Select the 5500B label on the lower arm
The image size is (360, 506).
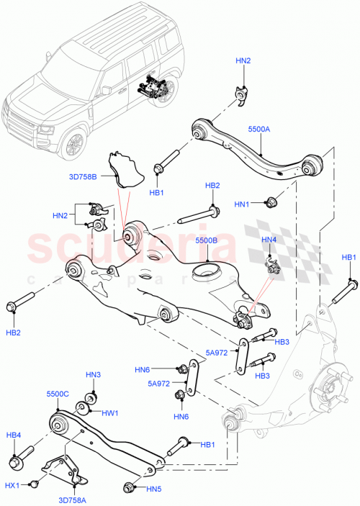point(206,243)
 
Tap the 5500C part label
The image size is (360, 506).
point(58,394)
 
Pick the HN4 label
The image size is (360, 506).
point(269,240)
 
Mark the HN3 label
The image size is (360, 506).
point(93,375)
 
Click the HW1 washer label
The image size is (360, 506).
point(109,413)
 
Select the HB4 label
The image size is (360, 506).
point(14,435)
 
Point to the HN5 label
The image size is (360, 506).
point(154,489)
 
